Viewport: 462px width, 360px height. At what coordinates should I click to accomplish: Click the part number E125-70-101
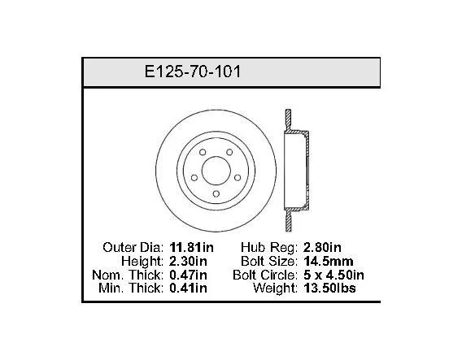(x=193, y=72)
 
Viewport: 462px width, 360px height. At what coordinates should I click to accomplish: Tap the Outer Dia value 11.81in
(x=191, y=247)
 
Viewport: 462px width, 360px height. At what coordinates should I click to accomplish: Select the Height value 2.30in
(x=188, y=261)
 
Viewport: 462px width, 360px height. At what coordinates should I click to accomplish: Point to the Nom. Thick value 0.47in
(x=188, y=275)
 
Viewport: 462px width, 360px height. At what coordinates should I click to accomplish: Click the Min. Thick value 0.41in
(x=188, y=288)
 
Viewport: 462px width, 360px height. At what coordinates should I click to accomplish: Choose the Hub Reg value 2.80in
(x=322, y=247)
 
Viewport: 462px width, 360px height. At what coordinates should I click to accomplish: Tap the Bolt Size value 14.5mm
(x=329, y=261)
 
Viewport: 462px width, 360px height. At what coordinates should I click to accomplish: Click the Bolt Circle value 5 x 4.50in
(x=333, y=275)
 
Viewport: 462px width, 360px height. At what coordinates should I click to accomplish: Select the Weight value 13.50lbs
(x=329, y=288)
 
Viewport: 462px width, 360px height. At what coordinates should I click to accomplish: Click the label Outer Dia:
(x=133, y=247)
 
